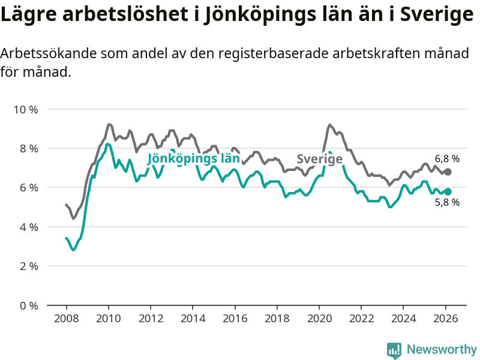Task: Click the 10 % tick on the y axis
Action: coord(25,109)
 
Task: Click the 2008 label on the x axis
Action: coord(66,318)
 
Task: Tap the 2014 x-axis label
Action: coord(193,318)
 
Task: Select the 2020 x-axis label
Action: coord(319,318)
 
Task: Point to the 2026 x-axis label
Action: coord(446,318)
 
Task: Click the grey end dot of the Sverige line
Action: coord(448,172)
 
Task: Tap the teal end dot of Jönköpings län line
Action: coord(448,191)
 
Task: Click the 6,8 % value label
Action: coord(447,159)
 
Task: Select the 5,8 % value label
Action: coord(447,203)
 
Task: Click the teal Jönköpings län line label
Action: coord(193,159)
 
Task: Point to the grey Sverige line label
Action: coord(320,159)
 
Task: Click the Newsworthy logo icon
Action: coord(394,349)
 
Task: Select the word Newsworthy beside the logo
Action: coord(442,349)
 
